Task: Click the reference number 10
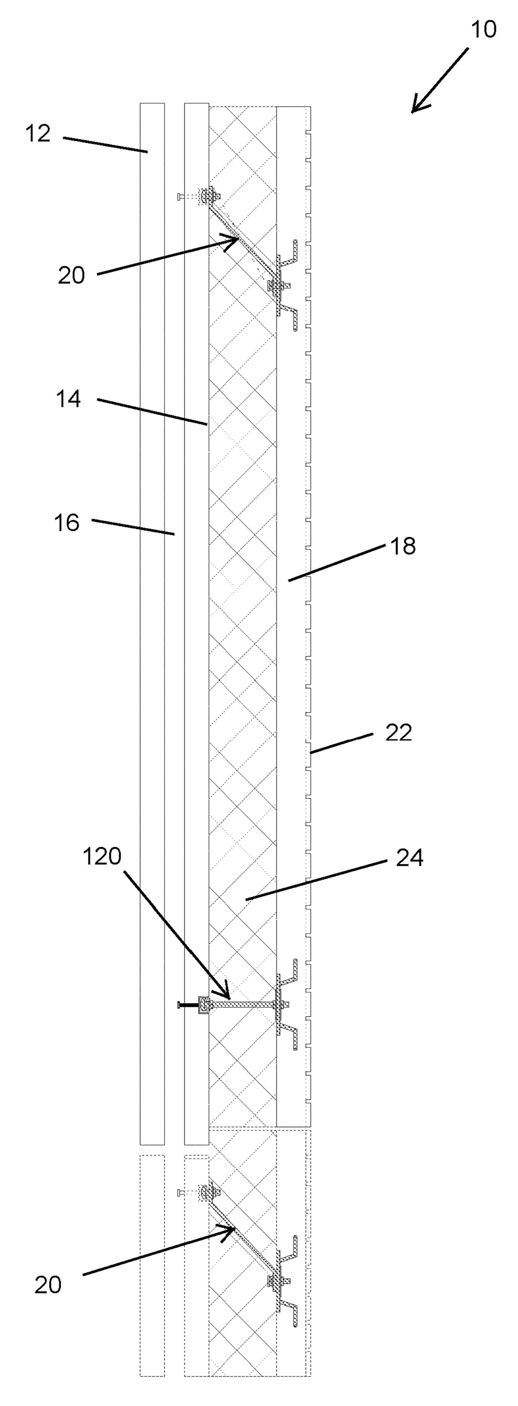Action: pyautogui.click(x=483, y=29)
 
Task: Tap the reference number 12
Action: pyautogui.click(x=38, y=133)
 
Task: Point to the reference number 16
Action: pyautogui.click(x=66, y=522)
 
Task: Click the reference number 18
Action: pyautogui.click(x=403, y=546)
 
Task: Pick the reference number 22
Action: pyautogui.click(x=398, y=732)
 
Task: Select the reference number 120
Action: pyautogui.click(x=102, y=856)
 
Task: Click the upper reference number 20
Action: pyautogui.click(x=71, y=275)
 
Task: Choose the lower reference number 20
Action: pyautogui.click(x=48, y=1285)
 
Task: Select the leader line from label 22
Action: pyautogui.click(x=342, y=743)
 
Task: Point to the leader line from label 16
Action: pyautogui.click(x=133, y=527)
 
